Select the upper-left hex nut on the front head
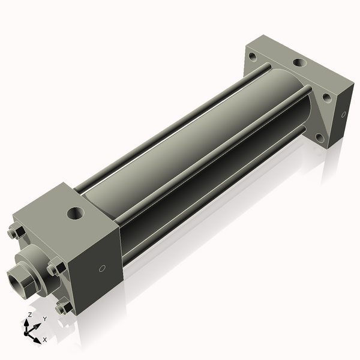click(x=16, y=232)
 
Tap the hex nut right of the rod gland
click(x=56, y=268)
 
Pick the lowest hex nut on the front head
click(x=62, y=307)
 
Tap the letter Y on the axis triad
click(x=45, y=319)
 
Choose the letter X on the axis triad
click(x=45, y=340)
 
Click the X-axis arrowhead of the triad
click(x=37, y=338)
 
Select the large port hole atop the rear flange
click(x=298, y=62)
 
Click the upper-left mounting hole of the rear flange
click(x=253, y=59)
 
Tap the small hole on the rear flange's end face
click(x=343, y=114)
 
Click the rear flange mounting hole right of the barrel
click(x=326, y=97)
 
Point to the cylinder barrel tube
click(x=198, y=144)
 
